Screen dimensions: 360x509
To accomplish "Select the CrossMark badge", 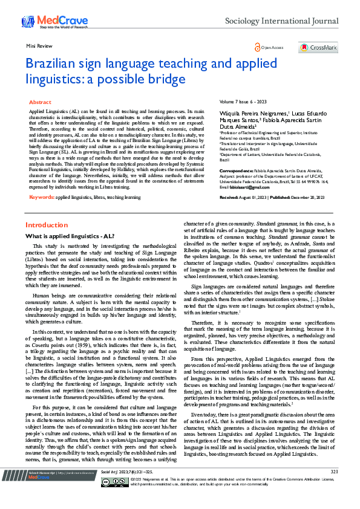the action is (x=318, y=47).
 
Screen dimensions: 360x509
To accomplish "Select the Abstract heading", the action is (x=40, y=103).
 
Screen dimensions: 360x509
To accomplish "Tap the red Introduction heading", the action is (x=46, y=225).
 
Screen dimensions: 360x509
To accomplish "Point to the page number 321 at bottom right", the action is (x=333, y=489).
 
